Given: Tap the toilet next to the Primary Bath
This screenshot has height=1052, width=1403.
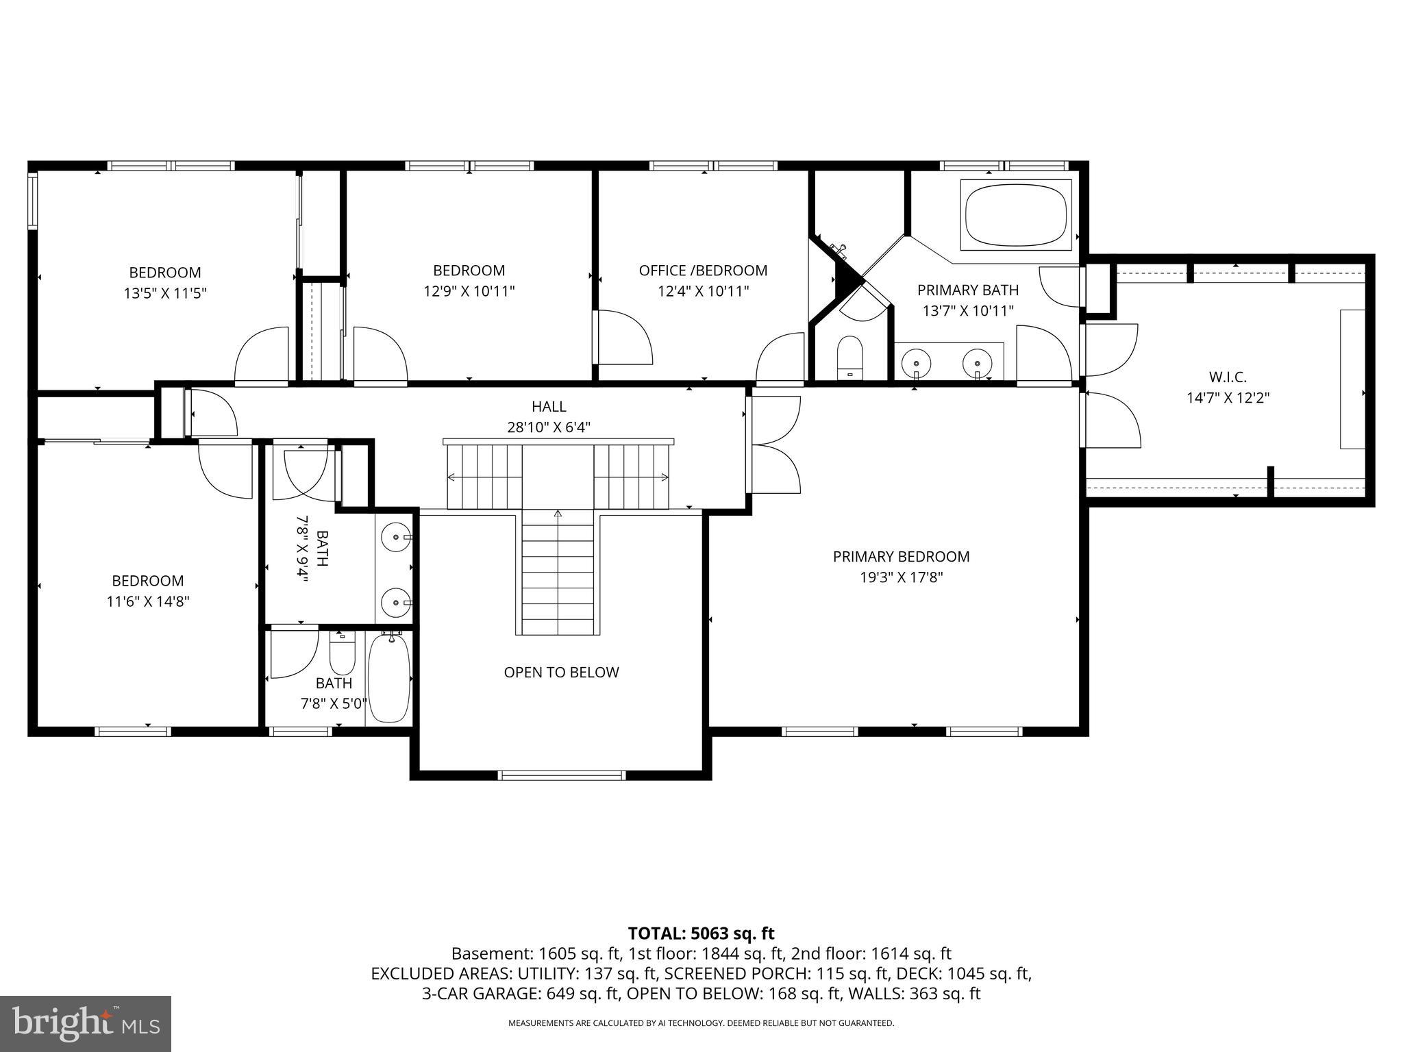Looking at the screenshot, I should coord(850,357).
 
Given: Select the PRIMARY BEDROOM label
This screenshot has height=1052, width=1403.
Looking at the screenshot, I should coord(901,557).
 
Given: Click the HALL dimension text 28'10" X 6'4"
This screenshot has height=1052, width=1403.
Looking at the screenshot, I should coord(549,427).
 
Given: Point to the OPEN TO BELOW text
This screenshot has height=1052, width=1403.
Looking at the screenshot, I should coord(561,673).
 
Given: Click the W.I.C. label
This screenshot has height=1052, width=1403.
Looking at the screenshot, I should coord(1228,377).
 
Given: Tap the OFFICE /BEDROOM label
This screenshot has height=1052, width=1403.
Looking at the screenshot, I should coord(703,271).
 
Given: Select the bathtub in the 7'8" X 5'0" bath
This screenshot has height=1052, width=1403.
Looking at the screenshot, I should coord(389,678).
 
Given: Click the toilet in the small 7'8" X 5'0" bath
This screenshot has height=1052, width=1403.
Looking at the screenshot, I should coord(342,654).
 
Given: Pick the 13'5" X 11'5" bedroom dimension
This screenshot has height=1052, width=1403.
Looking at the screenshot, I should coord(165,293).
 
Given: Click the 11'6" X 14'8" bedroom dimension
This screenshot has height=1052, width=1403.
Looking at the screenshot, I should coord(148,601).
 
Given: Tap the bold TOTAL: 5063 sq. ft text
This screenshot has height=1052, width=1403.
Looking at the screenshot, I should coord(701,933).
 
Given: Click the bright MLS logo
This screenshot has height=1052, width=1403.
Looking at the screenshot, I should coord(86,1024).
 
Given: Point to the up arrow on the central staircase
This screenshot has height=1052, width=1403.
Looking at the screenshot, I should coord(558,514).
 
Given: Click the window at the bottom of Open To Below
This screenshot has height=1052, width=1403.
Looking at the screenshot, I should coord(561,775).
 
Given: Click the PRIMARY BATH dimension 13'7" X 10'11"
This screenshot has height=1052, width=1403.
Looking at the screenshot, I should coord(968,311).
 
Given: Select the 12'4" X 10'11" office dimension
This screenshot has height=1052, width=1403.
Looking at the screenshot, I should coord(703,291).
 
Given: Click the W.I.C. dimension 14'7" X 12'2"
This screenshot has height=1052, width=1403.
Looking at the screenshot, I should coord(1228,397).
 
